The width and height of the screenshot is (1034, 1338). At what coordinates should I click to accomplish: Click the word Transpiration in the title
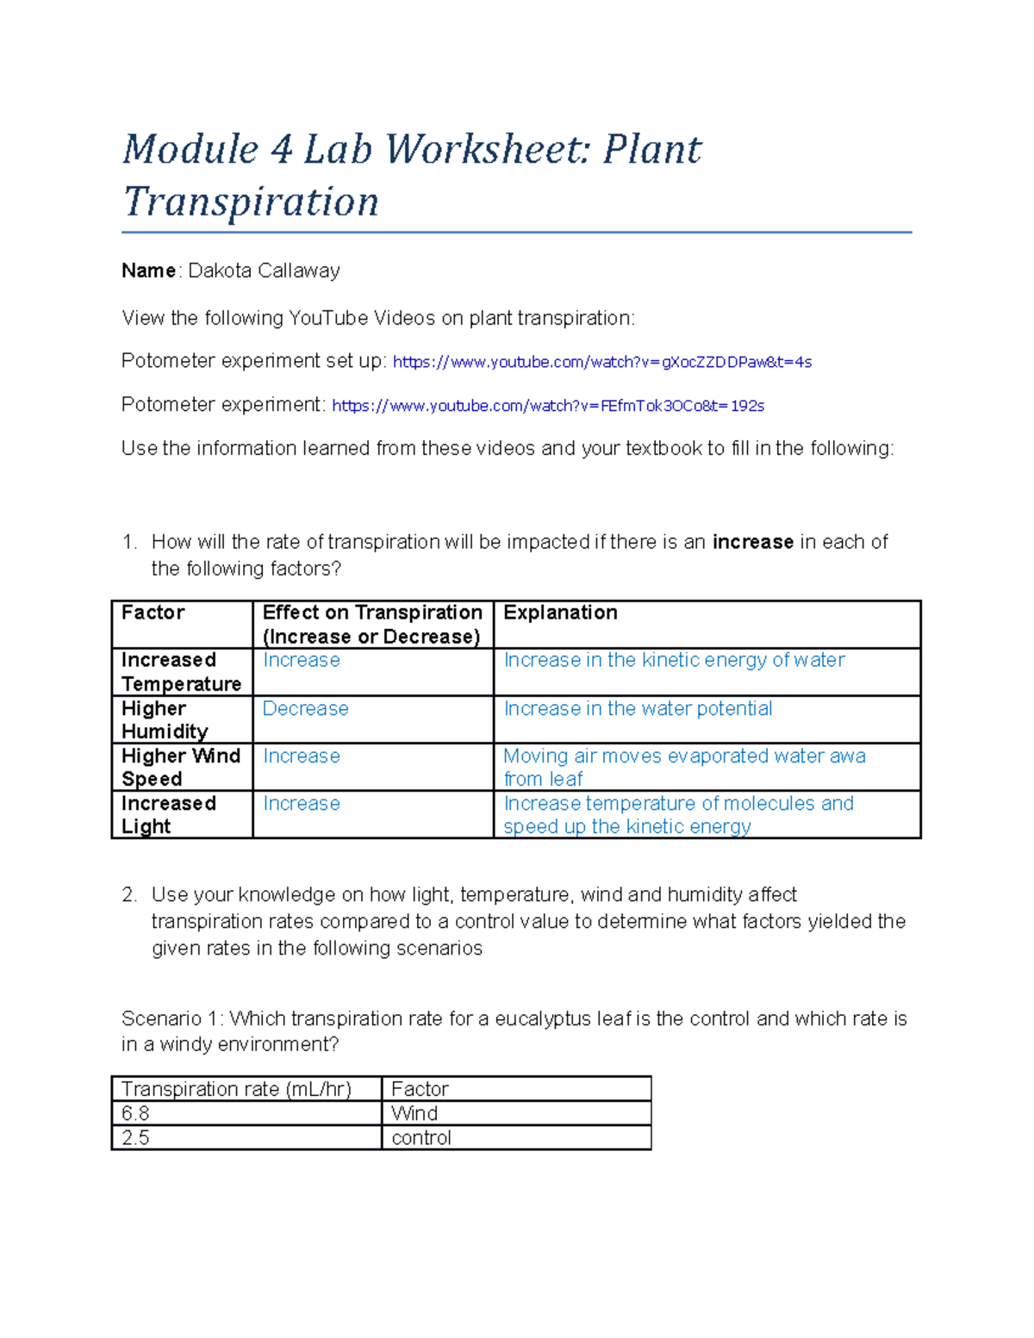click(x=251, y=202)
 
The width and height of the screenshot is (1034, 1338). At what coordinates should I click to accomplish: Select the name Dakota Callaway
click(x=264, y=271)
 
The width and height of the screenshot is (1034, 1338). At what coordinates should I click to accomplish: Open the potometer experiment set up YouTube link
click(x=601, y=362)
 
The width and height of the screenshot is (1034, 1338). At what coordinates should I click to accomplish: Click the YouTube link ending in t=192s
click(x=548, y=406)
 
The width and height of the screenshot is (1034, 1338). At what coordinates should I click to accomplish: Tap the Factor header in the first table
click(x=153, y=613)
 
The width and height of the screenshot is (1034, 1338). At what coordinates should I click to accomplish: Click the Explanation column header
click(x=560, y=613)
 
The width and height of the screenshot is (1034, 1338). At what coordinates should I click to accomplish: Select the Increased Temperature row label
click(x=181, y=672)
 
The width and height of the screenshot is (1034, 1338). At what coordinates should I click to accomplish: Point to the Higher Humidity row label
click(x=165, y=720)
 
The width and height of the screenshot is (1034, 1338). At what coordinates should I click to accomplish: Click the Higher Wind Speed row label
click(x=180, y=768)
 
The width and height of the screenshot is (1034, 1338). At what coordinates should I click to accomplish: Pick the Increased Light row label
click(x=168, y=815)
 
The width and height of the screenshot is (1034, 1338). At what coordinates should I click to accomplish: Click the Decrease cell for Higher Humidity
click(x=305, y=708)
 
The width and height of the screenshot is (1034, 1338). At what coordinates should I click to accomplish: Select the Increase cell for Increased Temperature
click(x=301, y=660)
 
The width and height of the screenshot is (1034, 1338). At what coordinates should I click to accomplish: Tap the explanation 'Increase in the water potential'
click(x=638, y=708)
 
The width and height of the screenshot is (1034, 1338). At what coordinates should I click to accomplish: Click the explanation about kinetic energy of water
click(x=674, y=660)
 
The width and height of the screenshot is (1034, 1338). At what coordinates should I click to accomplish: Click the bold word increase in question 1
click(x=752, y=542)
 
